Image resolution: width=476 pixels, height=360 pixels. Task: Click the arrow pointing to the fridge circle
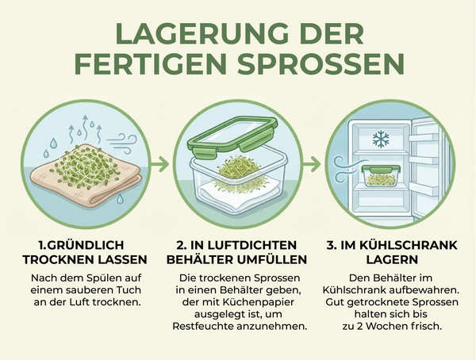314,165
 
